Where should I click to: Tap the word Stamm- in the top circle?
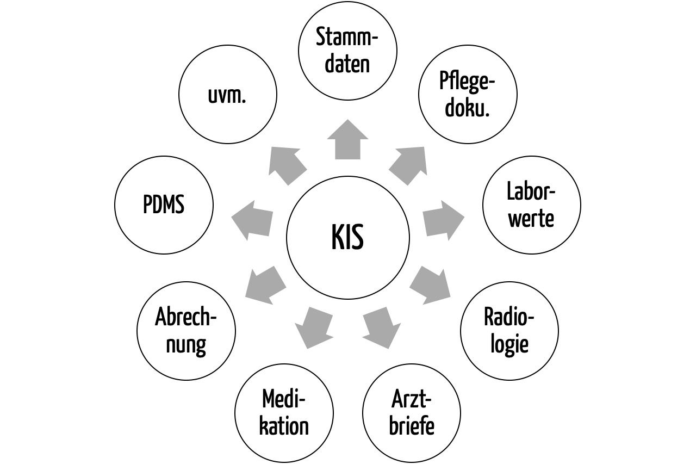347,39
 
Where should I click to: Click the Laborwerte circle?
531,205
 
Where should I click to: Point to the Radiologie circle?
509,331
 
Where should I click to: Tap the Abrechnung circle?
186,331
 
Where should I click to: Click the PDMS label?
164,205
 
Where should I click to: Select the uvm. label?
227,95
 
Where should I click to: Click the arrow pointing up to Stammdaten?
347,140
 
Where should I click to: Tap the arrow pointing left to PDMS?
252,220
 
